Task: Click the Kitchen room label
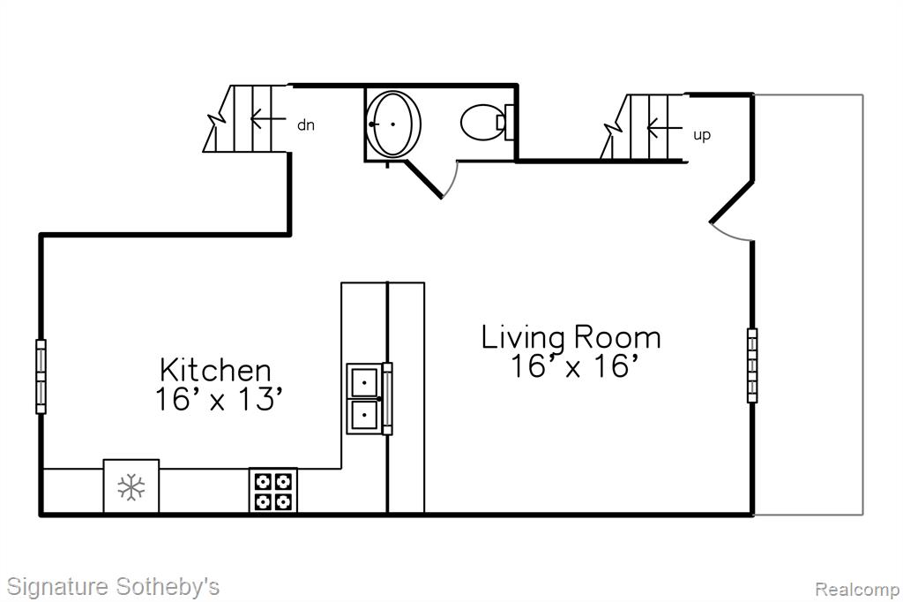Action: (x=215, y=370)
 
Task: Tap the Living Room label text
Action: (x=571, y=338)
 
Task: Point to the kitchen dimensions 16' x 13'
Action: (x=219, y=399)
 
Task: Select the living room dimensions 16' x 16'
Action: (x=574, y=365)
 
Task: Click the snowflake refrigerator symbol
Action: (x=131, y=487)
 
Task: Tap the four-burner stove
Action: (x=273, y=490)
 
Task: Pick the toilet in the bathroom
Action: (x=487, y=122)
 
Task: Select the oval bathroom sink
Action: (x=394, y=124)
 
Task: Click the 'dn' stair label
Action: (x=306, y=125)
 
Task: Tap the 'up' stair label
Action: (x=701, y=136)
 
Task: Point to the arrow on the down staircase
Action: (x=268, y=118)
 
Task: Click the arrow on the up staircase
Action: (x=664, y=127)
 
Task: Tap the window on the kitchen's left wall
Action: (x=41, y=377)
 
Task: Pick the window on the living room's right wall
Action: (x=752, y=365)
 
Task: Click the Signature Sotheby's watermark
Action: (x=114, y=586)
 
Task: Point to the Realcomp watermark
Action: (x=857, y=589)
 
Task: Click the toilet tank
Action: (x=508, y=122)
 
